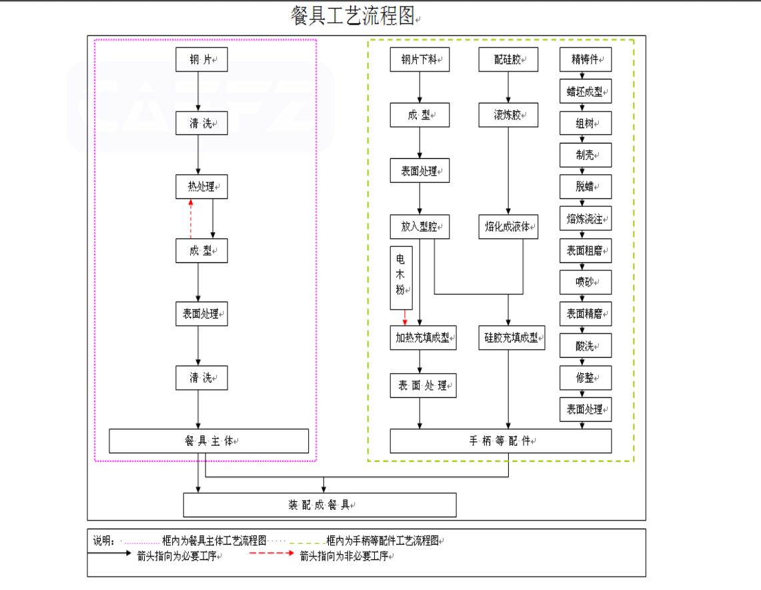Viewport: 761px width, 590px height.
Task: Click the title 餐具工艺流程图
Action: (353, 16)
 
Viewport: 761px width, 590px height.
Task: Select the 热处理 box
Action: (201, 186)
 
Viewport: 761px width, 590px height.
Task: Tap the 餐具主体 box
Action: (209, 441)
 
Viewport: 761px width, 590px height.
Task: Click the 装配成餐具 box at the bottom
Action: (319, 505)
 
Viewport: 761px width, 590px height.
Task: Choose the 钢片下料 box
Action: (420, 59)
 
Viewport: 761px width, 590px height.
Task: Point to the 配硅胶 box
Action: (509, 59)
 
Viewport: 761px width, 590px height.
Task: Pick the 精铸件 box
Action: (585, 59)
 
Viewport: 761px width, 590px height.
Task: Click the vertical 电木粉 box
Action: (401, 278)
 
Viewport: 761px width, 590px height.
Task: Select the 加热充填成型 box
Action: (423, 338)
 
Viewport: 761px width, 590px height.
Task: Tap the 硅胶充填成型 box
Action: (512, 338)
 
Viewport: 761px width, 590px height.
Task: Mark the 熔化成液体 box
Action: (508, 227)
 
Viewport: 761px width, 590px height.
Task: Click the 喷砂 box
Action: (585, 282)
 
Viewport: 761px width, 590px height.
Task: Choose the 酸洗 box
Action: (585, 346)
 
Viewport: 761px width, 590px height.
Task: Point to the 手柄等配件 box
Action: (500, 441)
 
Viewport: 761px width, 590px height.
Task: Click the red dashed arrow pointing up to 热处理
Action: (191, 218)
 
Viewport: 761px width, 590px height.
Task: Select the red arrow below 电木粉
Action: (405, 318)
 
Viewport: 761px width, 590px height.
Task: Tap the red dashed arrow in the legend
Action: (270, 553)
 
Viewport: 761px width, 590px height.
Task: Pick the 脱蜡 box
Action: (585, 187)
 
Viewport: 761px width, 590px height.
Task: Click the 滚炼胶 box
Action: (509, 115)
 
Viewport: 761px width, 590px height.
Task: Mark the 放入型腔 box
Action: (420, 227)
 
